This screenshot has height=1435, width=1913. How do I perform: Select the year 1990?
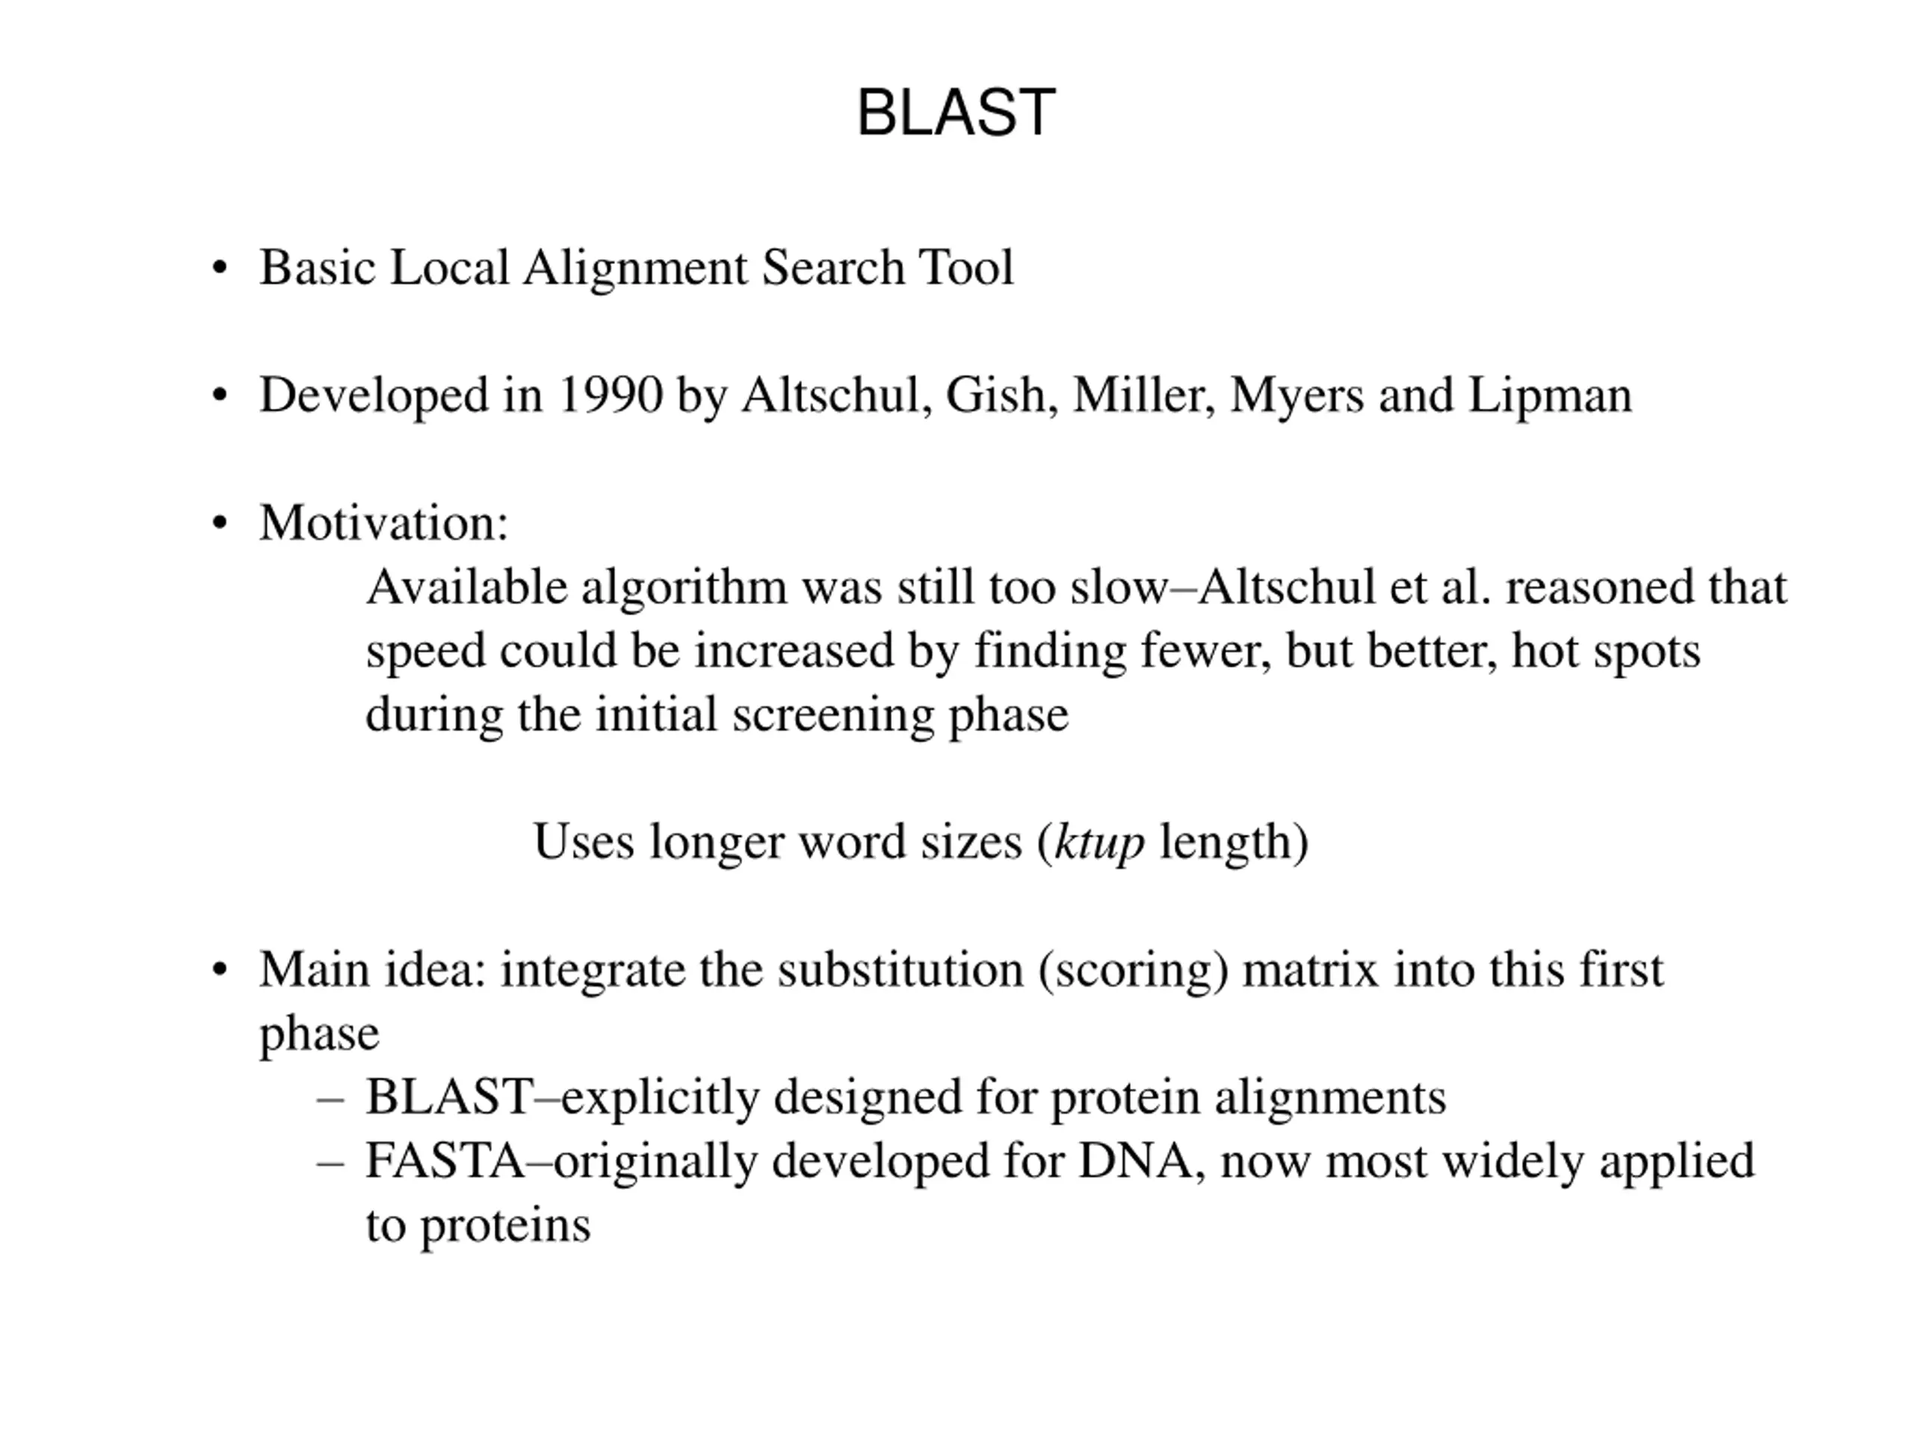tap(611, 395)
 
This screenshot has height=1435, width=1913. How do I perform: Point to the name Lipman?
tap(1550, 395)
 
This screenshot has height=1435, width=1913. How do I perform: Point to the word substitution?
tap(900, 969)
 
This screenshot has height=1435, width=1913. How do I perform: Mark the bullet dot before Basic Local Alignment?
tap(220, 268)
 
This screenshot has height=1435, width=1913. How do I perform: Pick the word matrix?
tap(1309, 969)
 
